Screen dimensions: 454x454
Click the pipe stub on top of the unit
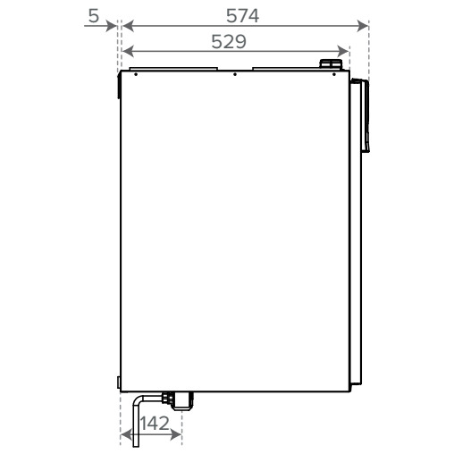point(330,65)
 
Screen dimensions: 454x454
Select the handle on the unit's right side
point(362,114)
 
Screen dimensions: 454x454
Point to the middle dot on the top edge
point(233,74)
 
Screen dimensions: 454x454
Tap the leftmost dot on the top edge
point(135,74)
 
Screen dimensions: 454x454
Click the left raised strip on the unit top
point(172,67)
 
